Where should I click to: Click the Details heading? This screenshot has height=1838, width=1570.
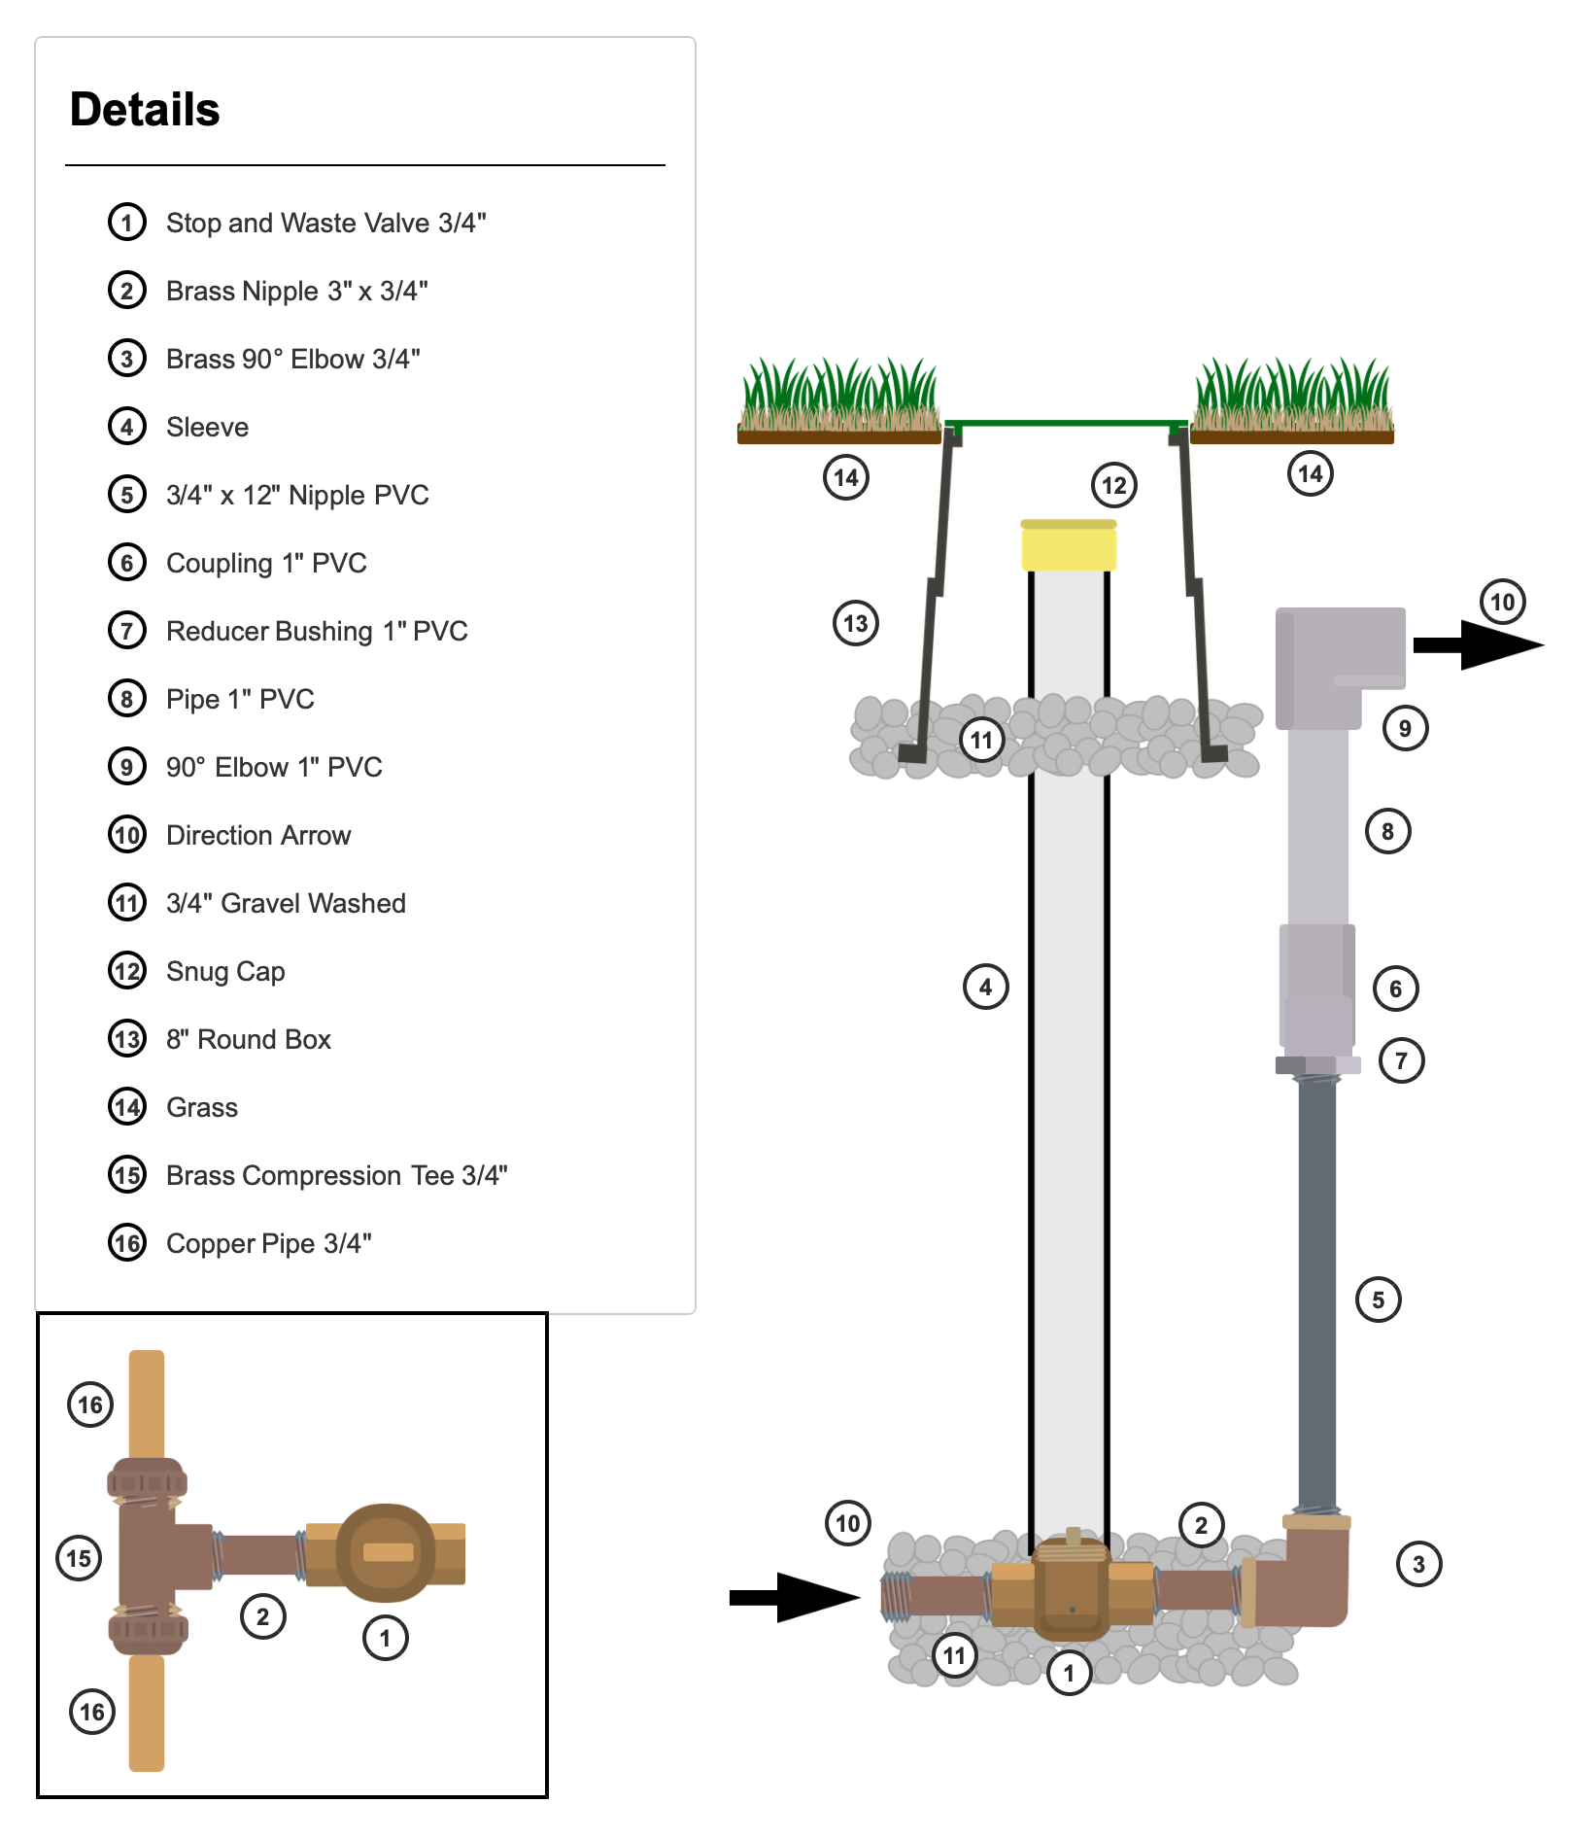pos(145,109)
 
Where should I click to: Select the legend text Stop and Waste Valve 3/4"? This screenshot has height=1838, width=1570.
pos(325,223)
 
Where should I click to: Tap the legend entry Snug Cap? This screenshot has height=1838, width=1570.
pos(225,971)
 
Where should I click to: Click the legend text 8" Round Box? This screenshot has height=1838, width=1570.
pos(248,1039)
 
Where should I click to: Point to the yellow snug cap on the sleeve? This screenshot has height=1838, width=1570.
pos(1068,546)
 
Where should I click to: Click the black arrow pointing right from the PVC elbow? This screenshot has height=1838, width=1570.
pos(1477,644)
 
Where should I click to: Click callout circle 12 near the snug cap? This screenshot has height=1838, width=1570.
pos(1113,485)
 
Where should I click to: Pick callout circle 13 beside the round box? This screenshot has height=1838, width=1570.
pos(855,623)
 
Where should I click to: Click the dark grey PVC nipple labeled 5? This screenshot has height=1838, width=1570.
pos(1316,1293)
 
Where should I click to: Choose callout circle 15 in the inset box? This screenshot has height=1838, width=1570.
pos(79,1558)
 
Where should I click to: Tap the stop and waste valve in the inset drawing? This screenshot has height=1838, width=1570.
pos(387,1553)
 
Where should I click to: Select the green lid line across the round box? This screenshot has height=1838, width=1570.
pos(1066,423)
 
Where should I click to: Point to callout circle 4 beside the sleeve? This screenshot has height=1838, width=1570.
pos(985,987)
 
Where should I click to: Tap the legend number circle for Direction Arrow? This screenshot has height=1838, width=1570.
pos(127,835)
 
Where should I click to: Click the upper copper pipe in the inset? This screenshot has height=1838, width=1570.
pos(147,1403)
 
